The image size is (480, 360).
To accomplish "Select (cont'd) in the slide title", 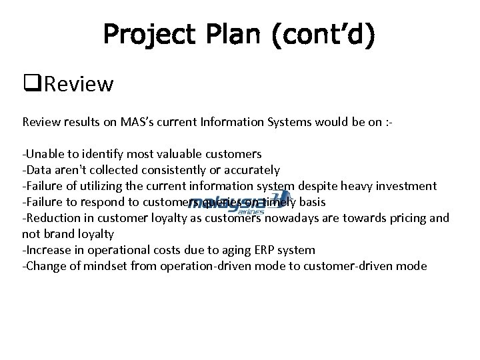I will click(323, 35).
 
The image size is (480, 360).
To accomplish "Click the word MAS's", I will click(138, 122).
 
